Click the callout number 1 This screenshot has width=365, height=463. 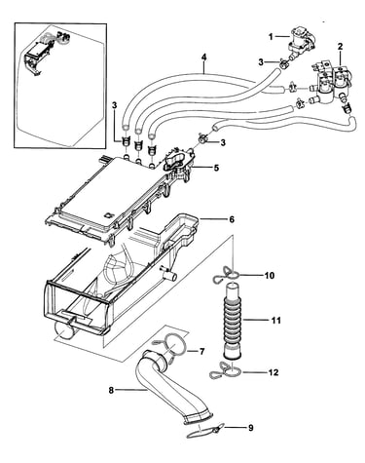pos(271,37)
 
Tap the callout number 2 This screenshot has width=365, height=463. pos(340,47)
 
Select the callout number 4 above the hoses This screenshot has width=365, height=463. pos(203,58)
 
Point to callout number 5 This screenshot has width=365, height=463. pos(216,168)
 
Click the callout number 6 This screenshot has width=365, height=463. pos(232,219)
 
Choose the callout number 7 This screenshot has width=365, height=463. pos(201,352)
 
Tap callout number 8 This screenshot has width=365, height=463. pos(111,390)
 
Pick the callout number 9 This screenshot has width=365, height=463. pos(250,428)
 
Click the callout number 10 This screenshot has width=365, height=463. pos(270,276)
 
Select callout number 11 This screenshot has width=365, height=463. pos(275,321)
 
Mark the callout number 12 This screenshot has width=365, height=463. pos(274,372)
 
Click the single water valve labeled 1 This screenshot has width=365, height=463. pos(299,42)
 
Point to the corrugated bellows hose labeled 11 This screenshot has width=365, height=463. pos(233,320)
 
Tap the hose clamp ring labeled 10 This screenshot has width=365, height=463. pos(227,276)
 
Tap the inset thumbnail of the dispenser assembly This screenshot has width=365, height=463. pos(60,86)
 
